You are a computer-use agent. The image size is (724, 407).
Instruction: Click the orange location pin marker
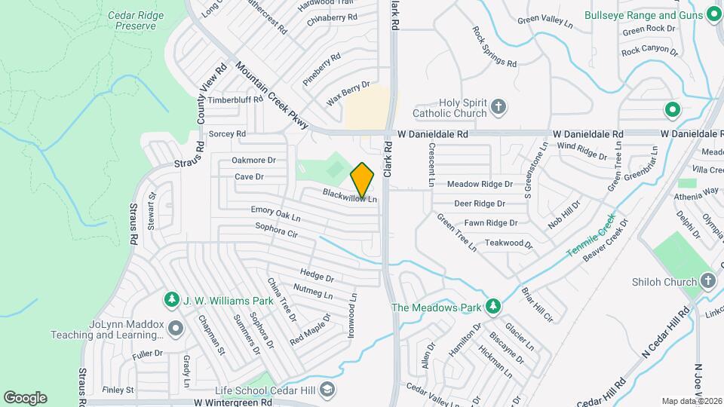pyautogui.click(x=363, y=180)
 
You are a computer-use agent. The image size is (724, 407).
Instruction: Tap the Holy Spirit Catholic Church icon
pyautogui.click(x=498, y=107)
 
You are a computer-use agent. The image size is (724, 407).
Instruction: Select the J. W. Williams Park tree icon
pyautogui.click(x=172, y=301)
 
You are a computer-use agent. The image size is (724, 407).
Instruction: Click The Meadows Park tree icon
pyautogui.click(x=493, y=307)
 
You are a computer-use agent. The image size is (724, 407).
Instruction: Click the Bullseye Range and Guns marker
pyautogui.click(x=713, y=15)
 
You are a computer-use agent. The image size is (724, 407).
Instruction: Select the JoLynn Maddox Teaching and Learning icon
pyautogui.click(x=176, y=328)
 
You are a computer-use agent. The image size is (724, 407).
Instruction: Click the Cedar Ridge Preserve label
pyautogui.click(x=131, y=20)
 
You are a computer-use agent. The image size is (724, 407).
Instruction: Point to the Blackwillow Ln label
pyautogui.click(x=349, y=194)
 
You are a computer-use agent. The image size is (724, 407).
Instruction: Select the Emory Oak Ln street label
pyautogui.click(x=276, y=214)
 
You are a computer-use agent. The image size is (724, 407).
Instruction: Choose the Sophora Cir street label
pyautogui.click(x=276, y=230)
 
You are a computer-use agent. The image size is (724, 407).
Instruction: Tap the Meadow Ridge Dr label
pyautogui.click(x=480, y=184)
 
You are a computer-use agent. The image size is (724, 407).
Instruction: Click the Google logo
pyautogui.click(x=25, y=397)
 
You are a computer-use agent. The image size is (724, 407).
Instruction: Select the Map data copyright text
pyautogui.click(x=692, y=401)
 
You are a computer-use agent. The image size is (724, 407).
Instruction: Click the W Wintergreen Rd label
pyautogui.click(x=232, y=402)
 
